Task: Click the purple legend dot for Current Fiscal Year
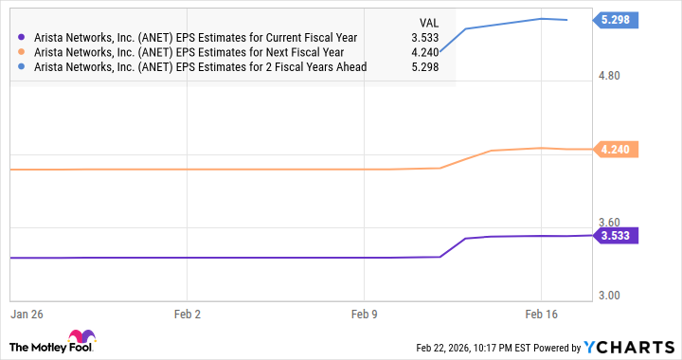(x=22, y=38)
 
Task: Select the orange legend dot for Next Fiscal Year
(x=22, y=52)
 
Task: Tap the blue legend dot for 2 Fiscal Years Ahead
(x=22, y=67)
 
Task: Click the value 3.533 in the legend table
(x=423, y=38)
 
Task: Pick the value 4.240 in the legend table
(x=423, y=52)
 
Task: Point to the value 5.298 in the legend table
(x=423, y=67)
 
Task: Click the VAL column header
(x=428, y=21)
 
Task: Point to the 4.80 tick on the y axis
(x=611, y=75)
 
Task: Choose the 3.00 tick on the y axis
(x=611, y=296)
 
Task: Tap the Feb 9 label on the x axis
(x=365, y=312)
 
